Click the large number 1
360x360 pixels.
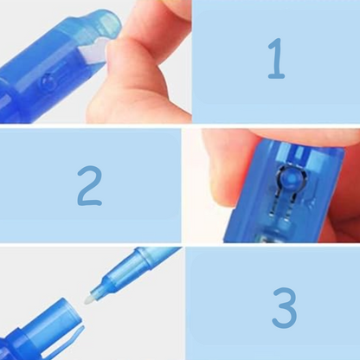277,59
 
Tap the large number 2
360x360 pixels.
89,186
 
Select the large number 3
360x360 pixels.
284,307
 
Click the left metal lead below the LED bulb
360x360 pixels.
273,208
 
